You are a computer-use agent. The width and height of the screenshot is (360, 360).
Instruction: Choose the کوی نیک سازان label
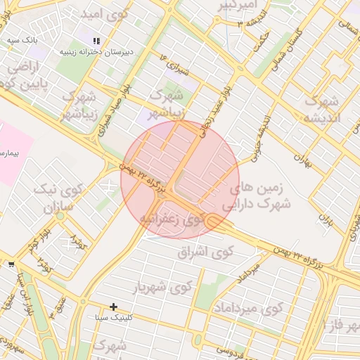click(59, 199)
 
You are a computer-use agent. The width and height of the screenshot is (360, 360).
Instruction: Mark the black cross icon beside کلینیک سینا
click(113, 307)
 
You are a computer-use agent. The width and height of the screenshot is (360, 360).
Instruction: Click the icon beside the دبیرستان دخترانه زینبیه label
click(96, 41)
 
